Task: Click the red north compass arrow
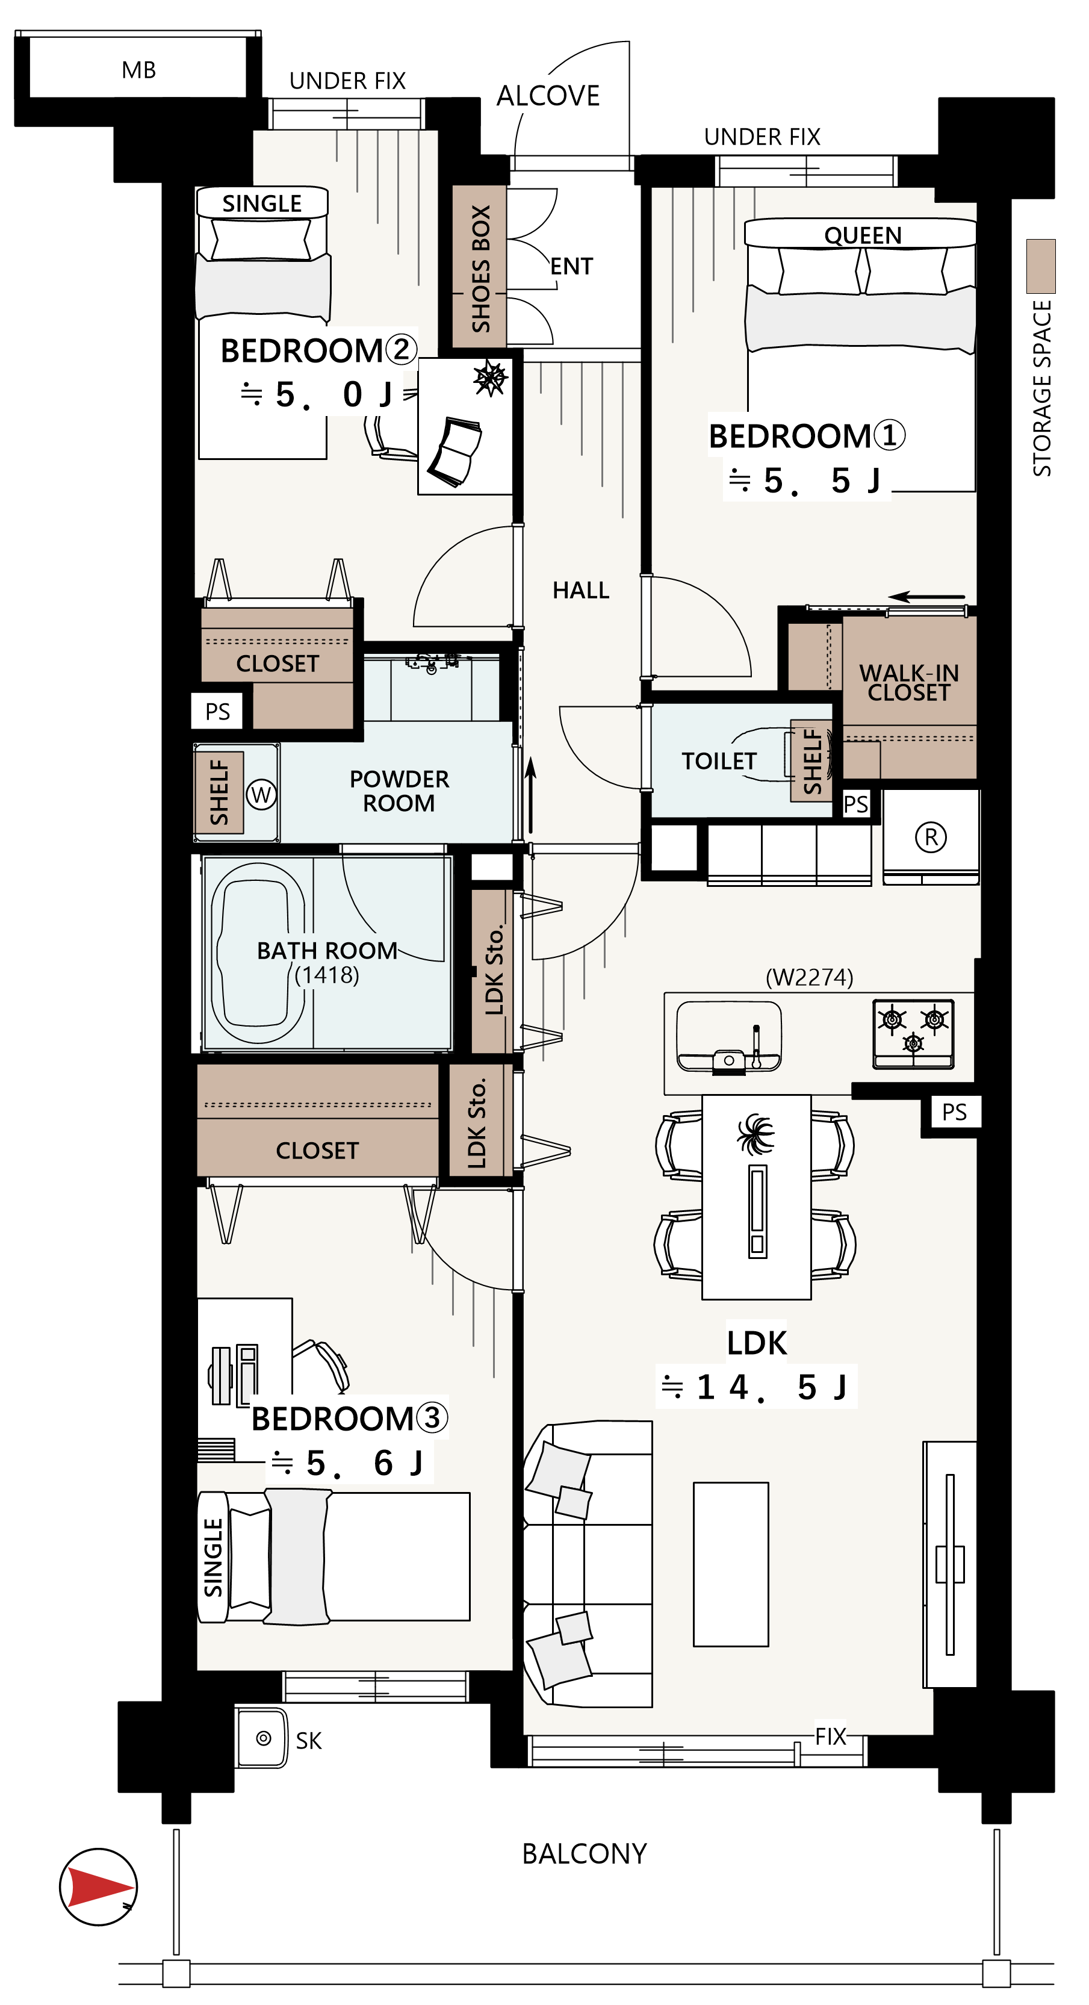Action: click(x=100, y=1886)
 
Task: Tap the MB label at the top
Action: click(x=138, y=70)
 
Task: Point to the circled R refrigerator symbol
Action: click(x=931, y=837)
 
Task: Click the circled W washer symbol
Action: click(x=261, y=794)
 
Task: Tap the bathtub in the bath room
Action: click(x=258, y=953)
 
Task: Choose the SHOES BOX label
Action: click(x=480, y=269)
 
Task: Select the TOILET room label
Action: click(x=719, y=760)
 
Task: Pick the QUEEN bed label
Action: click(x=863, y=235)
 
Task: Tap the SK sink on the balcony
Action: click(x=262, y=1739)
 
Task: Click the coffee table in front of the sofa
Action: click(x=731, y=1564)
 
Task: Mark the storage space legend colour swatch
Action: click(x=1041, y=266)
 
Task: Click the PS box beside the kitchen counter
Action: click(x=954, y=1112)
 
